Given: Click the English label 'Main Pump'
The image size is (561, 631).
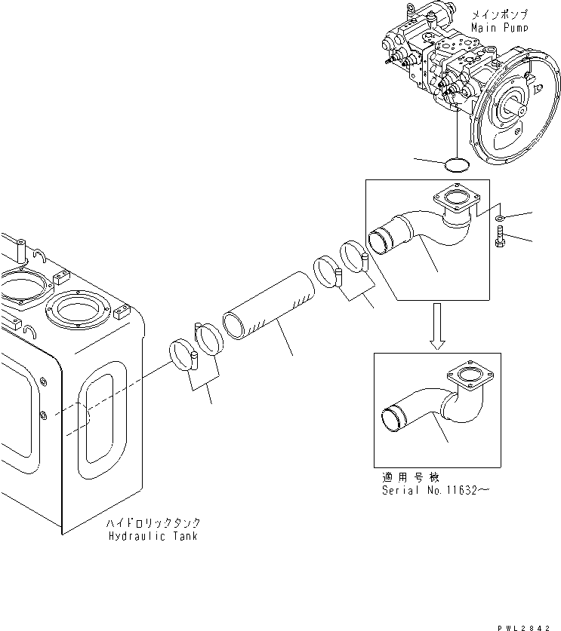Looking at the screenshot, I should pyautogui.click(x=499, y=27).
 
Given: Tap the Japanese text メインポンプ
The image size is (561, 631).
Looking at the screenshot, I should pyautogui.click(x=499, y=14).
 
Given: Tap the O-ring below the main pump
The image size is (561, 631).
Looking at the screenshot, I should pyautogui.click(x=458, y=163).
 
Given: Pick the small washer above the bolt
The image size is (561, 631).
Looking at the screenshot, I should pyautogui.click(x=501, y=219).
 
